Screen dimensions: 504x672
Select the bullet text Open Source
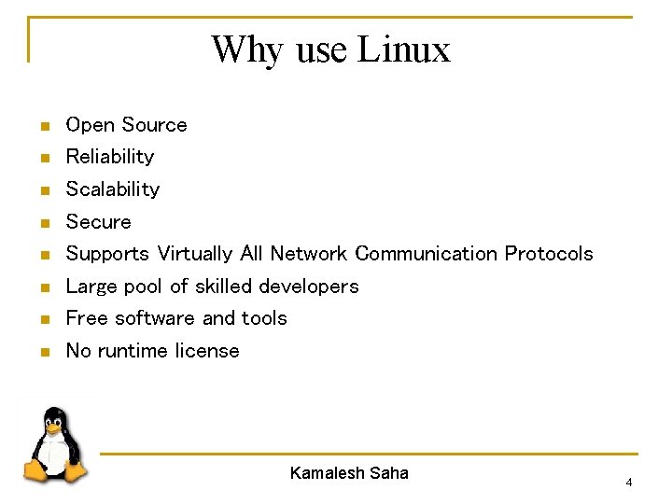(126, 124)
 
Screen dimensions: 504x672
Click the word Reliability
(109, 156)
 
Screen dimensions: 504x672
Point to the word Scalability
(112, 189)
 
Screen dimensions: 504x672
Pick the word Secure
(98, 221)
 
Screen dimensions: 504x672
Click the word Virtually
(195, 254)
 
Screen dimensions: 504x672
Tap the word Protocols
(549, 254)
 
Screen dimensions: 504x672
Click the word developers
(308, 286)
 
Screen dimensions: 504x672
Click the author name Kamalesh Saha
(349, 473)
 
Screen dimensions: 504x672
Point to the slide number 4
(628, 483)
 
